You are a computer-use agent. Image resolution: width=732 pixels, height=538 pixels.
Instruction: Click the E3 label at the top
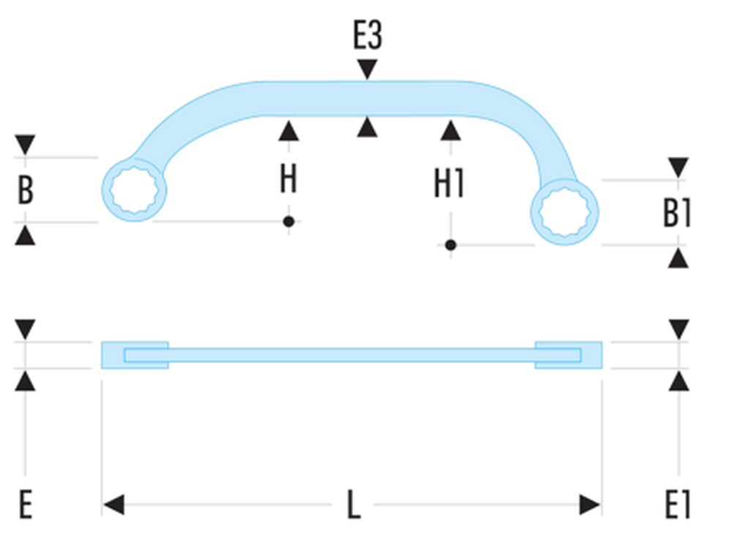(x=367, y=36)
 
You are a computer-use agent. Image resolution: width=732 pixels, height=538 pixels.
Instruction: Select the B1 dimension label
(x=677, y=214)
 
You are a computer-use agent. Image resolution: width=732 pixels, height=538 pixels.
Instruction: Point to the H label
(x=288, y=179)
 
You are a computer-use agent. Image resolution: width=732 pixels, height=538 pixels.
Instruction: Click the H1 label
(x=449, y=185)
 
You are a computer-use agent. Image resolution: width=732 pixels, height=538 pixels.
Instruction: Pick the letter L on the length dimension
(x=354, y=505)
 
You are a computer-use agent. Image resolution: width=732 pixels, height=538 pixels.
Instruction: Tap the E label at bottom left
(x=26, y=505)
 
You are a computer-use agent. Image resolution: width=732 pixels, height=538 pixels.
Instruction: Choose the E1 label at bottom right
(x=677, y=505)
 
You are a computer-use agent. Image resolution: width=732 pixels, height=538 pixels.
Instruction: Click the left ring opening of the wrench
(x=134, y=190)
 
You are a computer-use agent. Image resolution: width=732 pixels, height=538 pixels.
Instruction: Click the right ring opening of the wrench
(x=564, y=212)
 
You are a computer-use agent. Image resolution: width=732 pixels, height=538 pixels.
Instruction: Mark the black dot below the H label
(x=289, y=221)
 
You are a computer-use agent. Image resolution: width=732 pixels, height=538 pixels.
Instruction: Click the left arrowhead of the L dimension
(x=113, y=505)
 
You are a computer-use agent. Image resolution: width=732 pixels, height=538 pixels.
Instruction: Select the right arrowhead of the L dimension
(x=590, y=505)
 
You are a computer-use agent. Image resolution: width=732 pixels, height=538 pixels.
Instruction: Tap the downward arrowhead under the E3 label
(x=367, y=70)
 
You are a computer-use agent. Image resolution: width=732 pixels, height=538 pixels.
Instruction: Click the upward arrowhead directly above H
(x=289, y=130)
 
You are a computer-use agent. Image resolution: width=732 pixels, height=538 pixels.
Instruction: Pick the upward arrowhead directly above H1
(x=451, y=130)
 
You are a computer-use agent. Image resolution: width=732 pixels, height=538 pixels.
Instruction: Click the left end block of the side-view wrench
(x=135, y=355)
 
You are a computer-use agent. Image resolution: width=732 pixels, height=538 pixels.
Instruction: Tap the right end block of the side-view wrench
(x=569, y=355)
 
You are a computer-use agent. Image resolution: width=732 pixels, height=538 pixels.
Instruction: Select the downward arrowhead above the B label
(x=26, y=143)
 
